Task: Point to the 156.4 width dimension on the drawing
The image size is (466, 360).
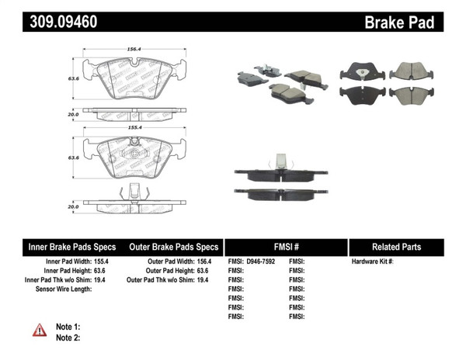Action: click(x=134, y=49)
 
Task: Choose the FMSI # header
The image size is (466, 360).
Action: click(x=286, y=247)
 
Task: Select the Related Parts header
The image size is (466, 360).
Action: click(x=396, y=247)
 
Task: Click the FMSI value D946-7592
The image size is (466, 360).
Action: click(x=266, y=261)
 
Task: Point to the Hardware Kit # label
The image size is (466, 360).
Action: click(x=372, y=261)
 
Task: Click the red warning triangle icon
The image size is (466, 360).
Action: click(x=40, y=330)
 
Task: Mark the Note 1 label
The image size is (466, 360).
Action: click(x=68, y=327)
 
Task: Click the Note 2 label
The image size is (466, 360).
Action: click(x=68, y=337)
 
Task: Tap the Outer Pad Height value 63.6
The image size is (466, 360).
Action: click(x=202, y=271)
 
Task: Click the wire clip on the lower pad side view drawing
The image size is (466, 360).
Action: click(x=134, y=192)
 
